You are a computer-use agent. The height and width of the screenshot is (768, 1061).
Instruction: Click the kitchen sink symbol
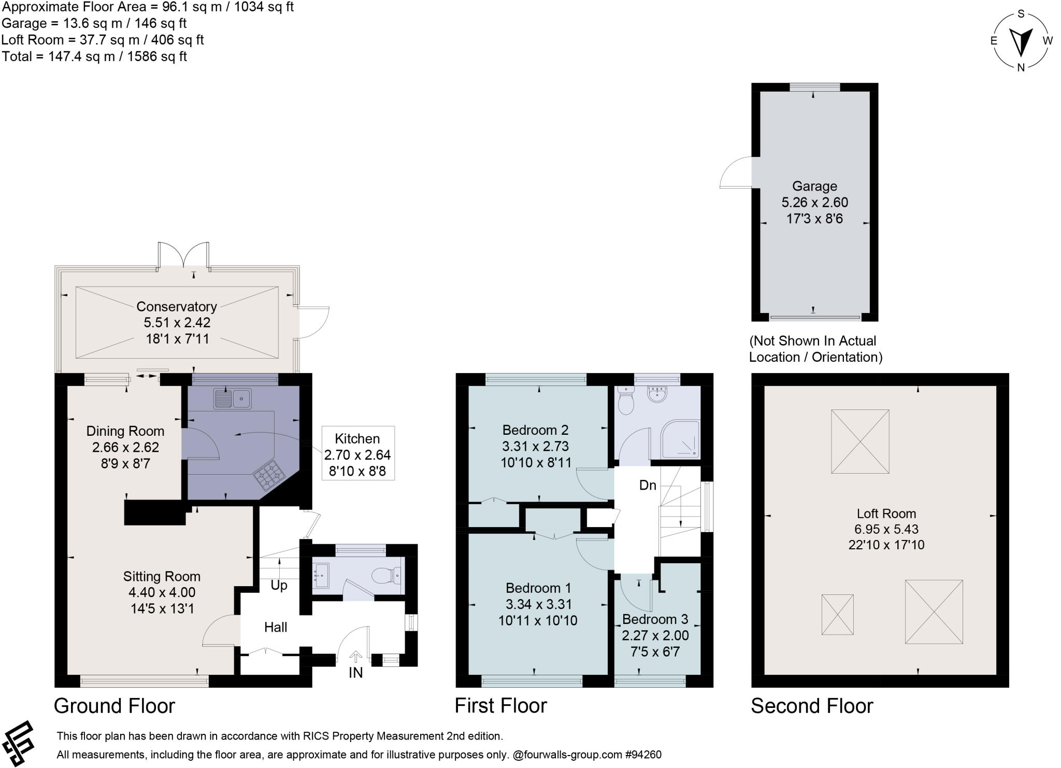[232, 399]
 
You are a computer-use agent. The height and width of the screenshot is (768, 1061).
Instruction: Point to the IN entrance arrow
[355, 657]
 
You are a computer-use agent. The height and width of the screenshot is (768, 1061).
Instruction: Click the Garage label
[814, 186]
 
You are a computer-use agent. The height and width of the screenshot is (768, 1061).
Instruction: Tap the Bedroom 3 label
[655, 619]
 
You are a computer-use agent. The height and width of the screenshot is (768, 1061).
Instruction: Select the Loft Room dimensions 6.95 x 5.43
[886, 529]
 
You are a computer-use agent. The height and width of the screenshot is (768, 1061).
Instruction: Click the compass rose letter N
[1021, 67]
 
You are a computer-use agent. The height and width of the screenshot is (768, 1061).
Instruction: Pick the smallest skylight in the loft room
[837, 614]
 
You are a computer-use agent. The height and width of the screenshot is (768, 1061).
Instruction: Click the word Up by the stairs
[279, 585]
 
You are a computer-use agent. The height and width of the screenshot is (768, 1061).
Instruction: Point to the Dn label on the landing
[648, 485]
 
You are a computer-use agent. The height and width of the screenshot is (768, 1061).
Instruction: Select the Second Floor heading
[812, 706]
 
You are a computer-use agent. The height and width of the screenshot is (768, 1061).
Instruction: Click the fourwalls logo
[19, 743]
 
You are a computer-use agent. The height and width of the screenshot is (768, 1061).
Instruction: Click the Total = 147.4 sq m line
[94, 56]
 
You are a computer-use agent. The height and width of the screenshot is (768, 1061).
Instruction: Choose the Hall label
[276, 627]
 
